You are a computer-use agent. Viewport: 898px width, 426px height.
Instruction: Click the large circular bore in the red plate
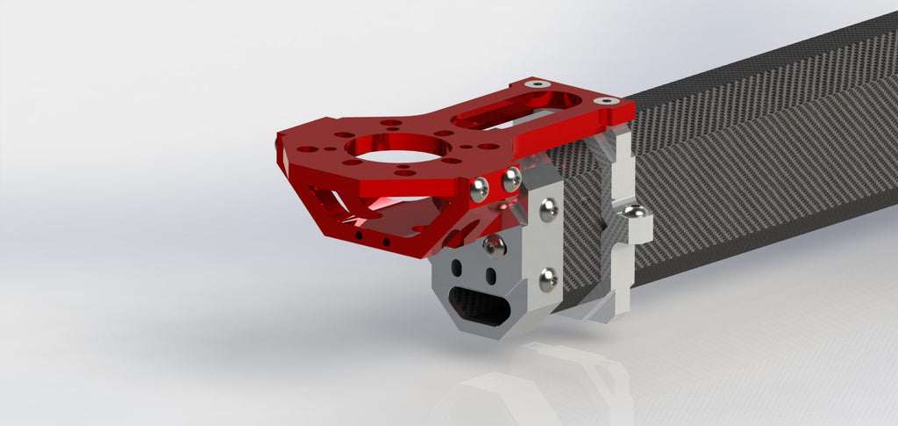click(x=391, y=148)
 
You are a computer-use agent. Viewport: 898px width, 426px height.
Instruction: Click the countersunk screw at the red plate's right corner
click(x=604, y=101)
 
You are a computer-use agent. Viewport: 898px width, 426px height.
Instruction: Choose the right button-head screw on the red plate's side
click(x=511, y=182)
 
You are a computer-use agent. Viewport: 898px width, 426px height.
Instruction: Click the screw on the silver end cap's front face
click(x=494, y=245)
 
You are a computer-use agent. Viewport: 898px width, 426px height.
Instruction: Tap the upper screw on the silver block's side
click(x=548, y=208)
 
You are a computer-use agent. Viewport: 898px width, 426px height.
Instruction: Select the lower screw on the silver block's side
click(x=548, y=280)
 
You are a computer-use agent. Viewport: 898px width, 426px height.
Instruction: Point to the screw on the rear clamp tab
click(x=637, y=213)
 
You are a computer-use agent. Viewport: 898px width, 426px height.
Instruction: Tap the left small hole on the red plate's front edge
click(x=358, y=236)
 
